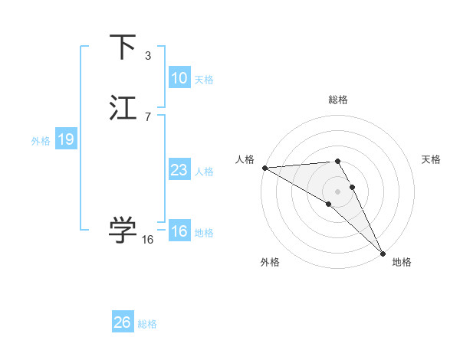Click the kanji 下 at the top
pos(123,47)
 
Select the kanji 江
pos(123,107)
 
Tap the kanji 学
pos(123,229)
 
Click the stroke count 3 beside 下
pos(147,55)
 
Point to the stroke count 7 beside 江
pos(147,116)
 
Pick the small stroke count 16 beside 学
pos(147,239)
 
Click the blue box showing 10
pos(179,78)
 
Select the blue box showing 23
pos(179,170)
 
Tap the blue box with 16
pos(179,231)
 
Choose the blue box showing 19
pos(65,139)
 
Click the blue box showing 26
pos(122,322)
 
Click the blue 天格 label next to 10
pos(204,80)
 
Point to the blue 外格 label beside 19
pos(41,141)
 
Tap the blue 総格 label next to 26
pos(147,324)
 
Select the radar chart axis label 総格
pos(338,100)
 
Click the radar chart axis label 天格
pos(431,159)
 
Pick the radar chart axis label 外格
pos(270,263)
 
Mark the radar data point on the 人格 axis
pos(264,167)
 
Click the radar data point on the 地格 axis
pos(383,253)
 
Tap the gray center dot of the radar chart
pos(338,191)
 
